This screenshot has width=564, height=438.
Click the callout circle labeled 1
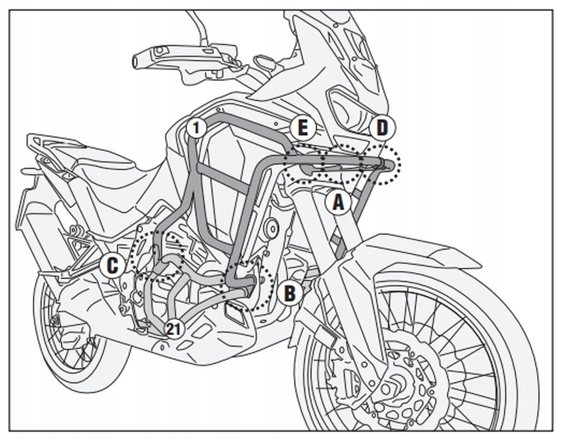197,129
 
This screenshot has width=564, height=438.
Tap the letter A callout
338,203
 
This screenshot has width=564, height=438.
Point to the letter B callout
289,293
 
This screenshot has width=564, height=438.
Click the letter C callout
112,266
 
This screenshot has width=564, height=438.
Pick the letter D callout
381,129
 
